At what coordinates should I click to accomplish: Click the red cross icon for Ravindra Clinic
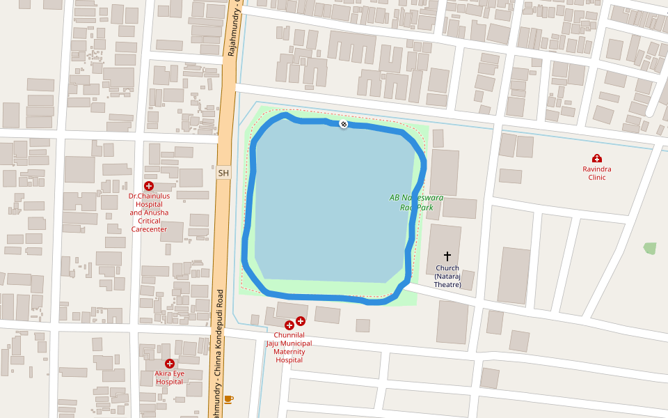[596, 159]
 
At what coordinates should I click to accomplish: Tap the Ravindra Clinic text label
[596, 173]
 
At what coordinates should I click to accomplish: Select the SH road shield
[223, 173]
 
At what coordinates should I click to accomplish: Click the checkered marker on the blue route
[343, 123]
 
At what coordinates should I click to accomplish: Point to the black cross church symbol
[447, 256]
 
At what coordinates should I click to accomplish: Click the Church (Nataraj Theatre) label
[447, 276]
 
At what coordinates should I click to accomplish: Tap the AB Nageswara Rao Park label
[416, 203]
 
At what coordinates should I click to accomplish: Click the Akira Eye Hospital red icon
[169, 364]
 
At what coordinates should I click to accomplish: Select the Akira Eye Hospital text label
[169, 378]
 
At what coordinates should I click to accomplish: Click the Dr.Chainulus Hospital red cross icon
[148, 185]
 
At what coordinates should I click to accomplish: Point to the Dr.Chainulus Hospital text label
[149, 212]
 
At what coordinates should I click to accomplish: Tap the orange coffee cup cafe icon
[228, 399]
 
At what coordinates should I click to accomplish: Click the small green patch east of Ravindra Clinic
[650, 248]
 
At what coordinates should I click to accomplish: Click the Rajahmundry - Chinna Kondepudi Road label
[219, 348]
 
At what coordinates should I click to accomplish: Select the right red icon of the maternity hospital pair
[301, 321]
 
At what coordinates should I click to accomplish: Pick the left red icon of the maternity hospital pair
[289, 325]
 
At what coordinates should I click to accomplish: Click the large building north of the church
[445, 172]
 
